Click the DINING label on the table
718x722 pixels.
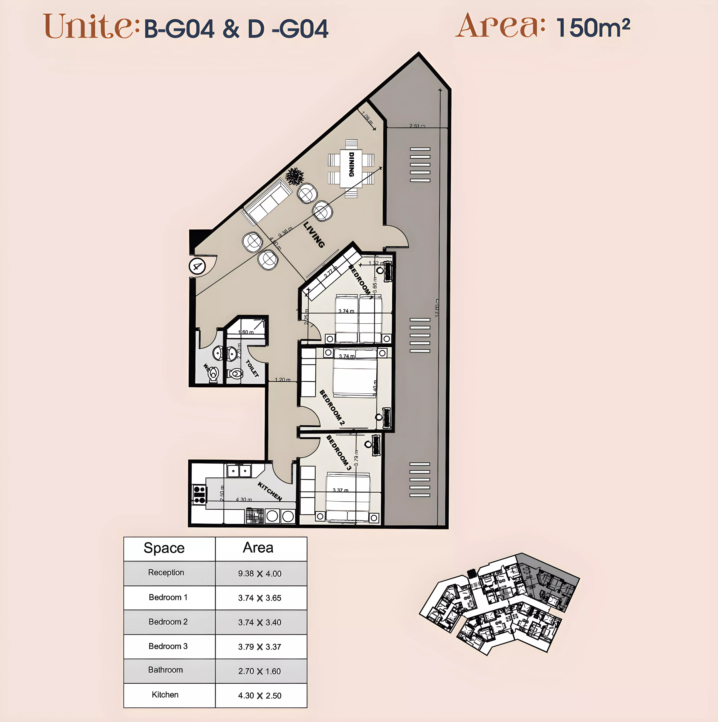click(x=351, y=164)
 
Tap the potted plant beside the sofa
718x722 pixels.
click(x=295, y=176)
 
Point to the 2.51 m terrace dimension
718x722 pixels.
click(x=417, y=126)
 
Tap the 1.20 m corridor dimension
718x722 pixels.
click(x=282, y=380)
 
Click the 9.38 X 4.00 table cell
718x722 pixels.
click(x=260, y=573)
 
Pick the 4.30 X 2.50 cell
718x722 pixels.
click(x=260, y=695)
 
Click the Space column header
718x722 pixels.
click(x=164, y=548)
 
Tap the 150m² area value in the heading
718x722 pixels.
click(x=593, y=28)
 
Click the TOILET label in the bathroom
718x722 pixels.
click(x=252, y=368)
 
